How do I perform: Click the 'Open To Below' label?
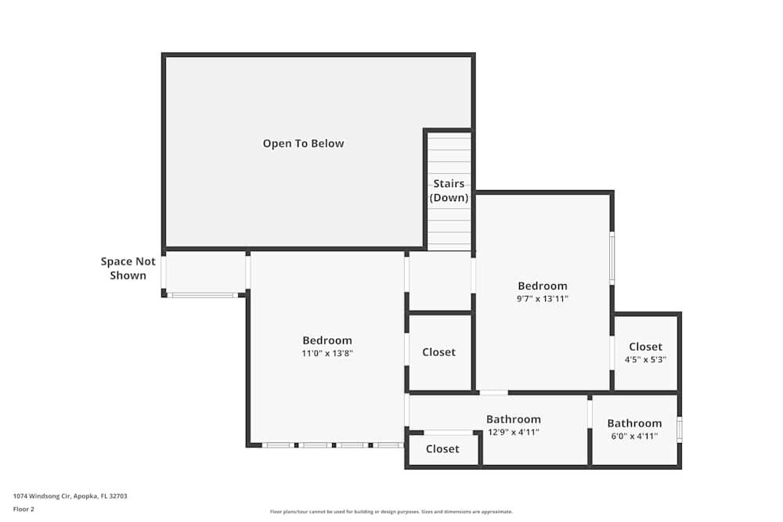coord(303,143)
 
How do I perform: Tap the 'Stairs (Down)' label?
coord(449,191)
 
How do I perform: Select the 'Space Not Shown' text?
coord(128,268)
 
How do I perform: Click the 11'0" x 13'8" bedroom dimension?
coord(327,353)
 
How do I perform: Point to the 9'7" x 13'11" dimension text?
coord(542,298)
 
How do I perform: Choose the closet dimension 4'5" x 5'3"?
coord(645,359)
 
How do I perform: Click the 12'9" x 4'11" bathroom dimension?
coord(513,432)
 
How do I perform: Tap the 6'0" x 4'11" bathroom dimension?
coord(634,436)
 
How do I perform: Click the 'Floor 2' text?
coord(23,509)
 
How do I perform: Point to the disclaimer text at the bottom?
coord(391,512)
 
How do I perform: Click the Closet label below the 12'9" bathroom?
coord(442,448)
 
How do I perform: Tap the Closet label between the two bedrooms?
coord(438,352)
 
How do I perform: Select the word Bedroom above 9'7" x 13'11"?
coord(542,286)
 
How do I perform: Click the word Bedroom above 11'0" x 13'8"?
coord(327,340)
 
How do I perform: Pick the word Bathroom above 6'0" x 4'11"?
coord(634,423)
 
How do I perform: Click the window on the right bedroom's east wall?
coord(612,258)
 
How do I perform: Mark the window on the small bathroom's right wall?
coord(679,430)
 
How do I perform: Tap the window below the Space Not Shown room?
coord(203,295)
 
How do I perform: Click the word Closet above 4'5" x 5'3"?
coord(645,347)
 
